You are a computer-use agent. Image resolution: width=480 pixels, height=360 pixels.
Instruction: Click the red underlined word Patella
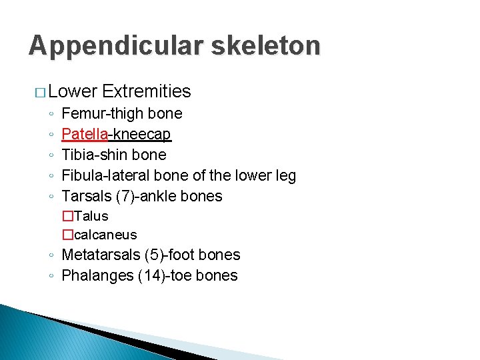click(x=85, y=134)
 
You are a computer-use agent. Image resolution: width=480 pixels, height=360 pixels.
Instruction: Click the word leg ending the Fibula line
click(x=285, y=175)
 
